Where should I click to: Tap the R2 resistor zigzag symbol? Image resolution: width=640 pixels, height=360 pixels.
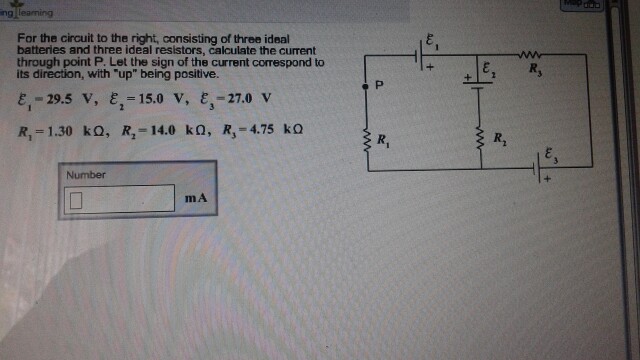tap(477, 137)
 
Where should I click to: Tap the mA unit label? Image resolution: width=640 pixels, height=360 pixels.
tap(196, 198)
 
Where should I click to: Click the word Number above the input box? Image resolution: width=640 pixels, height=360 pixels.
tap(85, 175)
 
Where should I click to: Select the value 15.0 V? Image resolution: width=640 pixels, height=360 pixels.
tap(156, 101)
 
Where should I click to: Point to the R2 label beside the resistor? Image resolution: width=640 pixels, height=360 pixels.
tap(501, 138)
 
